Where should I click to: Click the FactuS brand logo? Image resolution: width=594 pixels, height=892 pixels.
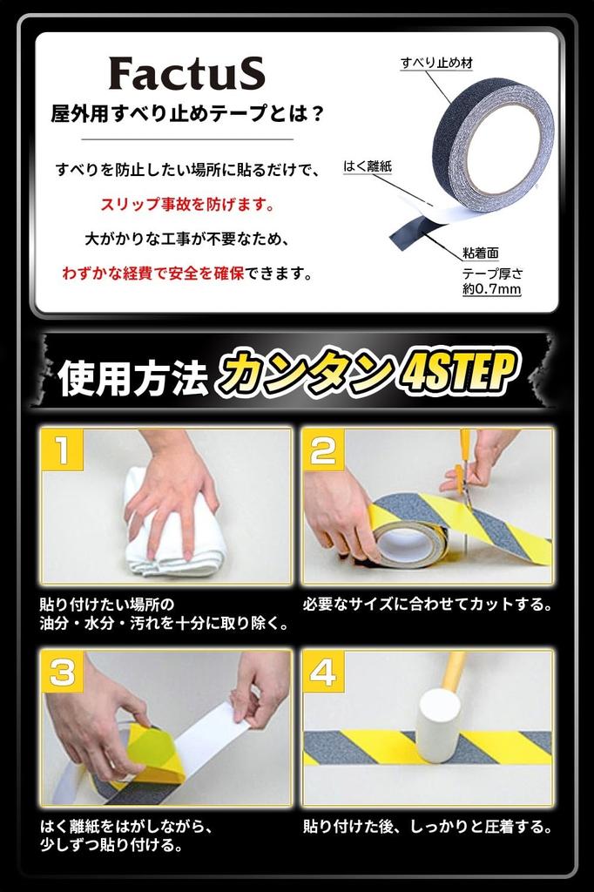click(x=186, y=73)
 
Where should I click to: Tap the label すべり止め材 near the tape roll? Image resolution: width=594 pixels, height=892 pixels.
click(x=436, y=63)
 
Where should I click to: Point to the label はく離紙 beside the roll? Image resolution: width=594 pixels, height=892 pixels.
click(x=368, y=166)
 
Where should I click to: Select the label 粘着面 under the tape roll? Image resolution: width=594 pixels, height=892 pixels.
click(x=481, y=253)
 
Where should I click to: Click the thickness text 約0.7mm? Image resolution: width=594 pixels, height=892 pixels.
click(x=491, y=289)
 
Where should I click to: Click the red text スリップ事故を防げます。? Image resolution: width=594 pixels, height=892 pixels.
click(x=187, y=204)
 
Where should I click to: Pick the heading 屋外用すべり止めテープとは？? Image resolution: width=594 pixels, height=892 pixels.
click(x=187, y=114)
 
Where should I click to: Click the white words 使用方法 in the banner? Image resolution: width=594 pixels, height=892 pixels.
click(x=132, y=378)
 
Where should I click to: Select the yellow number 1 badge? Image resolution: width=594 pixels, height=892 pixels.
click(x=63, y=450)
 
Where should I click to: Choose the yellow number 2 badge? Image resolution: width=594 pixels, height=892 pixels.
click(x=323, y=450)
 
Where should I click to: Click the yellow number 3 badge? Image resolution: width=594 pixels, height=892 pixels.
click(x=63, y=672)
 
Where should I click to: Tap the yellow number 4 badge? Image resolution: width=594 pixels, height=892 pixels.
click(x=323, y=672)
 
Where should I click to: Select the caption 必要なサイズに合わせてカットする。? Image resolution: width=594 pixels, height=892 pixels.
click(x=428, y=604)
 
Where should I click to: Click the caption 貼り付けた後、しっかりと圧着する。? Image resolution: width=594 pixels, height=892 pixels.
click(x=428, y=826)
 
